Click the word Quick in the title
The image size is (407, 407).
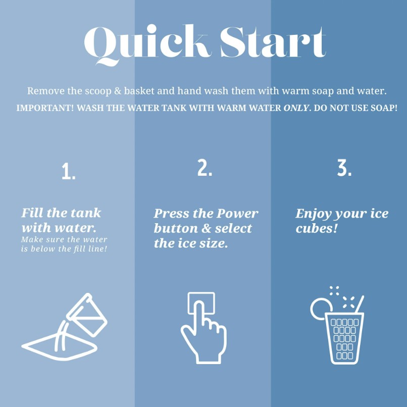146,44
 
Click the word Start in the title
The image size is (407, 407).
273,41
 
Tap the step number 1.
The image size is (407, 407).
69,172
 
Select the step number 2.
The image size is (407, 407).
205,168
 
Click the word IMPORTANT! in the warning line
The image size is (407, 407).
45,108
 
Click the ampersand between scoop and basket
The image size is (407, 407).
118,91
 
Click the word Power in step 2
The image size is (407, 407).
237,214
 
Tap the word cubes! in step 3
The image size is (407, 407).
317,228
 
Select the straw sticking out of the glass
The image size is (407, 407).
360,304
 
